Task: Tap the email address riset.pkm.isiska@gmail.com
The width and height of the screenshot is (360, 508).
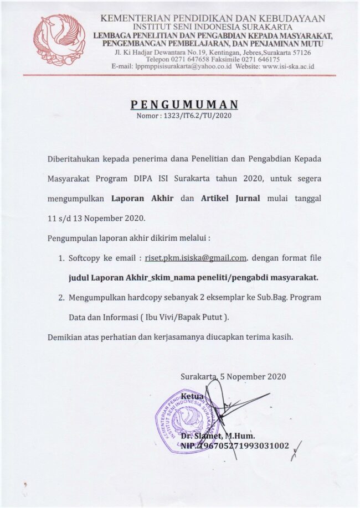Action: click(196, 258)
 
